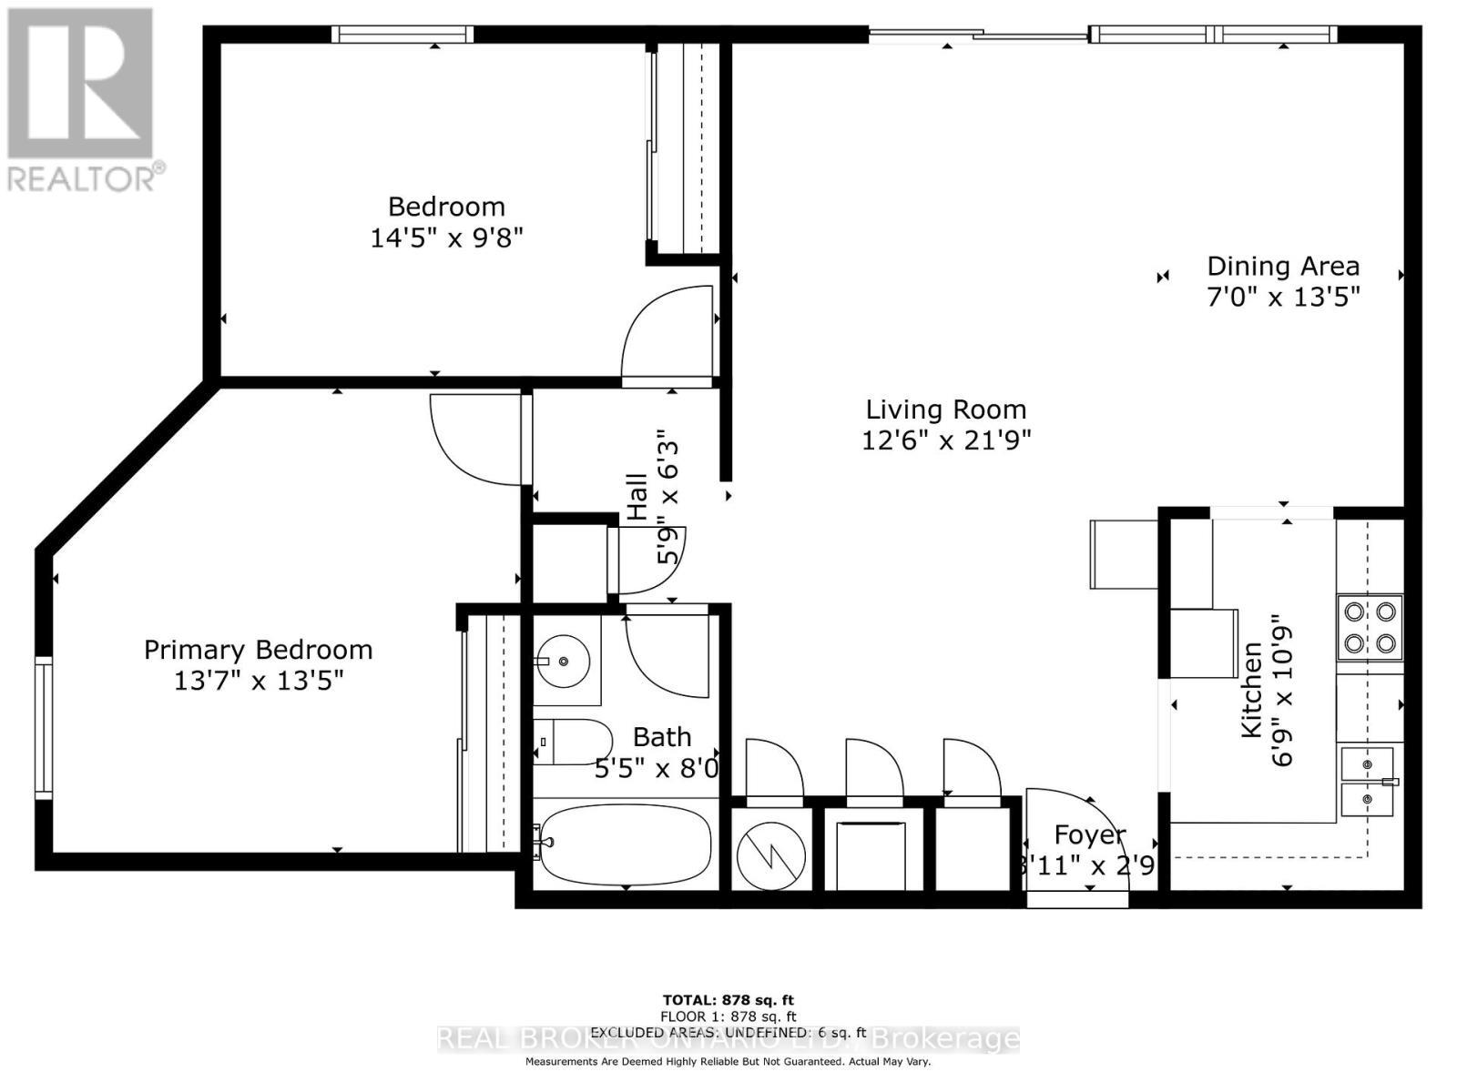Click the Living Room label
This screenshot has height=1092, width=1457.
(x=945, y=409)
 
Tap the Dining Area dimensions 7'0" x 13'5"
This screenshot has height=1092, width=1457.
(x=1283, y=298)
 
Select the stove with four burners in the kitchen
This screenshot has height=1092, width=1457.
(x=1370, y=627)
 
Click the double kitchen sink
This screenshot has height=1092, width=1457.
(x=1367, y=781)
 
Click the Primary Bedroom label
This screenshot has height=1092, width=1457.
(x=259, y=650)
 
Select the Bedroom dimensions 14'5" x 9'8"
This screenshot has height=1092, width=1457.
(x=446, y=238)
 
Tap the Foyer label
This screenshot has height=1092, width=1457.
(x=1090, y=834)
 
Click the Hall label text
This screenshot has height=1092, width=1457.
(x=637, y=496)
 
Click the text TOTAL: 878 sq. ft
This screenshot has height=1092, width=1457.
(x=728, y=1001)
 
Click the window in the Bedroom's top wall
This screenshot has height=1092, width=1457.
(x=402, y=35)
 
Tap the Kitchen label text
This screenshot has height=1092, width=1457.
(x=1252, y=689)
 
